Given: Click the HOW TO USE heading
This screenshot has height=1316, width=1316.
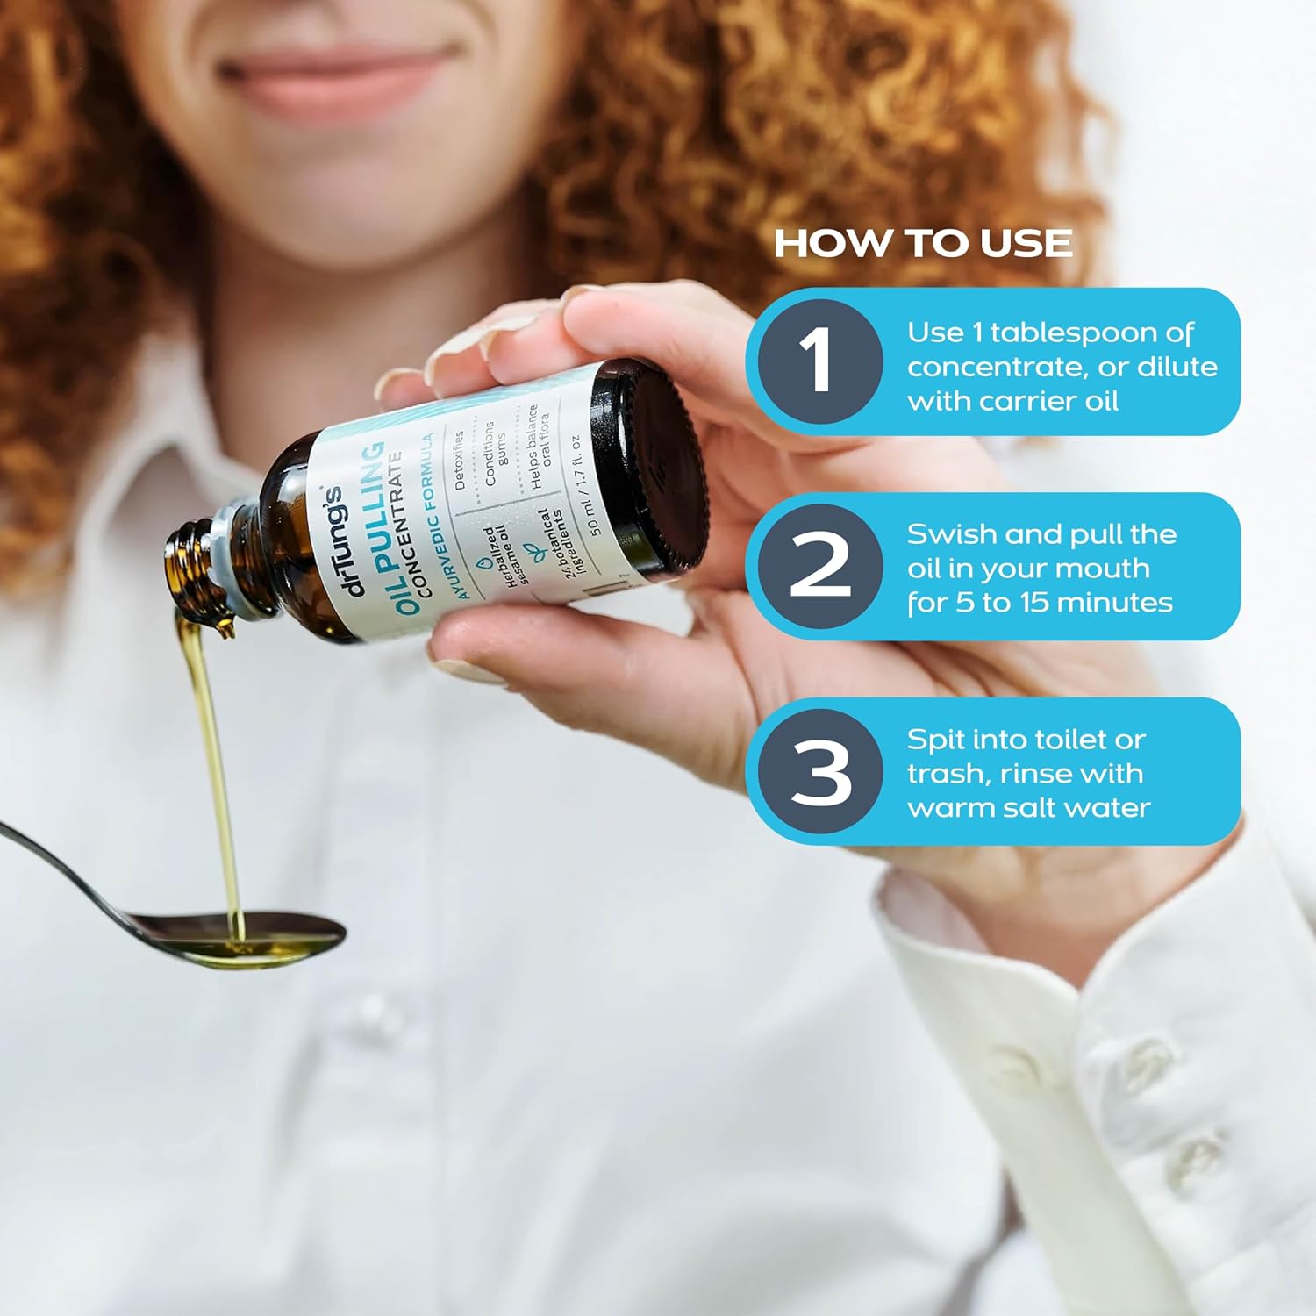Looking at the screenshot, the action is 923,243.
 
